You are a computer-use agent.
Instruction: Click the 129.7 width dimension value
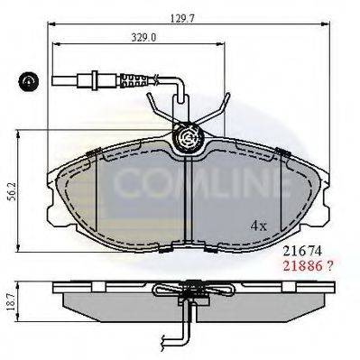[x=183, y=18]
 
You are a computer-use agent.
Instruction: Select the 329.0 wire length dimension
[x=143, y=38]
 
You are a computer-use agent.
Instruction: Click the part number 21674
[x=303, y=250]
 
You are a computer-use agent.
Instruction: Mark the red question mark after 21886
[x=330, y=265]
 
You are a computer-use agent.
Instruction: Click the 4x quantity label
[x=259, y=226]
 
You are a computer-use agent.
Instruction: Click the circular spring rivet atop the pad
[x=189, y=137]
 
